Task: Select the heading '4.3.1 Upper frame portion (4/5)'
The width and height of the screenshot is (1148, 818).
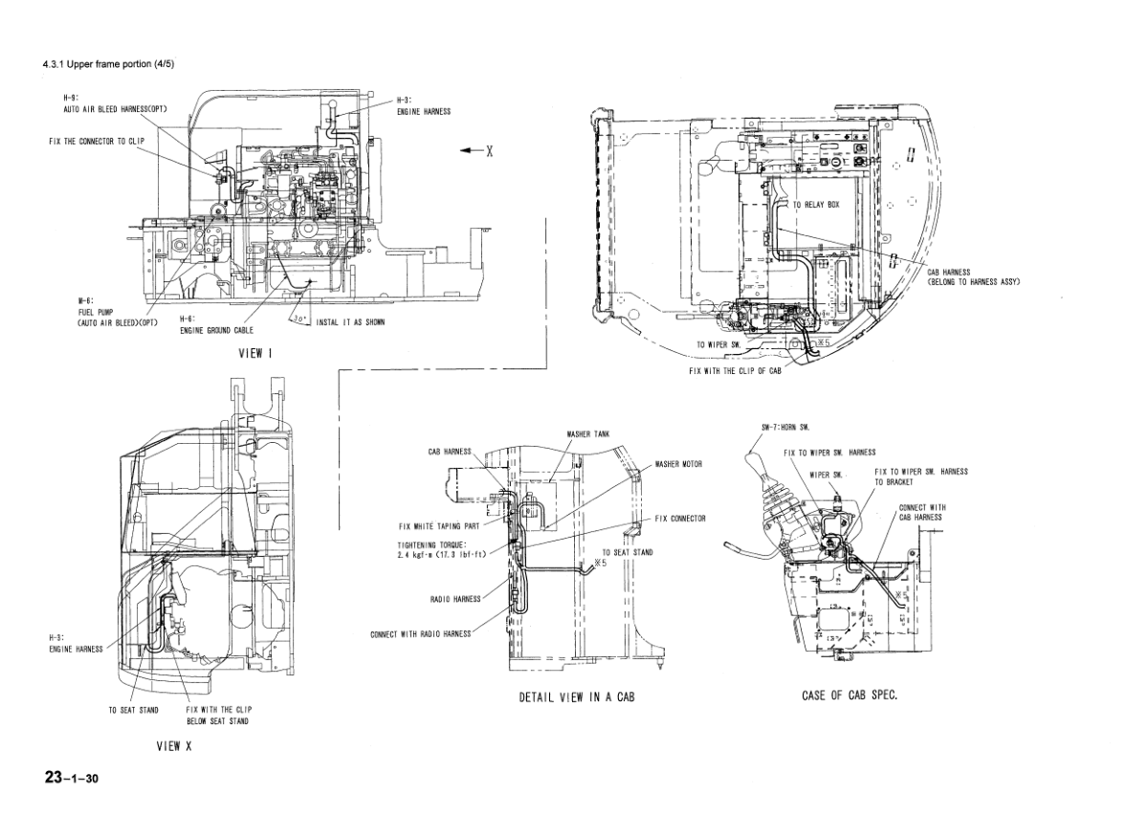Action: tap(108, 64)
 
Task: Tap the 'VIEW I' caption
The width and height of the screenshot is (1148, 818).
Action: tap(255, 352)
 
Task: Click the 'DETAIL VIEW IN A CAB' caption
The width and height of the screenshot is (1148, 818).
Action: tap(577, 697)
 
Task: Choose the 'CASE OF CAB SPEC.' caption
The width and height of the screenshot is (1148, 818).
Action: tap(850, 695)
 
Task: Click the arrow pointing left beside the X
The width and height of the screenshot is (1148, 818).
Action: tap(470, 151)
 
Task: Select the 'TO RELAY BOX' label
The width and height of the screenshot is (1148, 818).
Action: tap(816, 206)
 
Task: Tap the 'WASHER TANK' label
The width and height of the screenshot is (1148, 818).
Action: tap(588, 434)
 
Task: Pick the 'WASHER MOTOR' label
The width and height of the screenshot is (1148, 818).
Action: tap(678, 463)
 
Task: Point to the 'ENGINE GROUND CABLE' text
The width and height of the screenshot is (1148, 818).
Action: tap(217, 329)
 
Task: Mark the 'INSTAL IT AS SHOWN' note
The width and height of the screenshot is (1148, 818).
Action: tap(350, 322)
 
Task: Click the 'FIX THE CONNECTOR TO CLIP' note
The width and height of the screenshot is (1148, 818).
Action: tap(97, 141)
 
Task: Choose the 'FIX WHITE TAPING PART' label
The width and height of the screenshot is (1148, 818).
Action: tap(439, 525)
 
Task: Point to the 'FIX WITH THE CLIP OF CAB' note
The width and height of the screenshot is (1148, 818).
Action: tap(735, 370)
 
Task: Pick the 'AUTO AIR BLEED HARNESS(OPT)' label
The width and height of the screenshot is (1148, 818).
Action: tap(109, 108)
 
